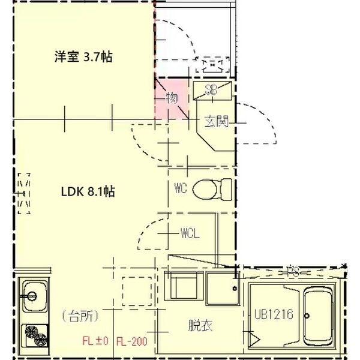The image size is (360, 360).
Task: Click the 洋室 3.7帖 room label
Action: click(84, 58)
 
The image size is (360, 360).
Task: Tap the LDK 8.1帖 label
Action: click(88, 192)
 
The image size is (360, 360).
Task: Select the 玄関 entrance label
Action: click(215, 122)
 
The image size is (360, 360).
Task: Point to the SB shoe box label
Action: click(211, 91)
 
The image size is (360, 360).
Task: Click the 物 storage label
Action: click(172, 98)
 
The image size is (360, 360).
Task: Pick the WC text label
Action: click(181, 188)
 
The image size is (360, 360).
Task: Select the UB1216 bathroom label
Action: click(274, 314)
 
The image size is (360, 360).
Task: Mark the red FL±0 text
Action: click(94, 342)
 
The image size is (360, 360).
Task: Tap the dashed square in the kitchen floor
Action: click(137, 291)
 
